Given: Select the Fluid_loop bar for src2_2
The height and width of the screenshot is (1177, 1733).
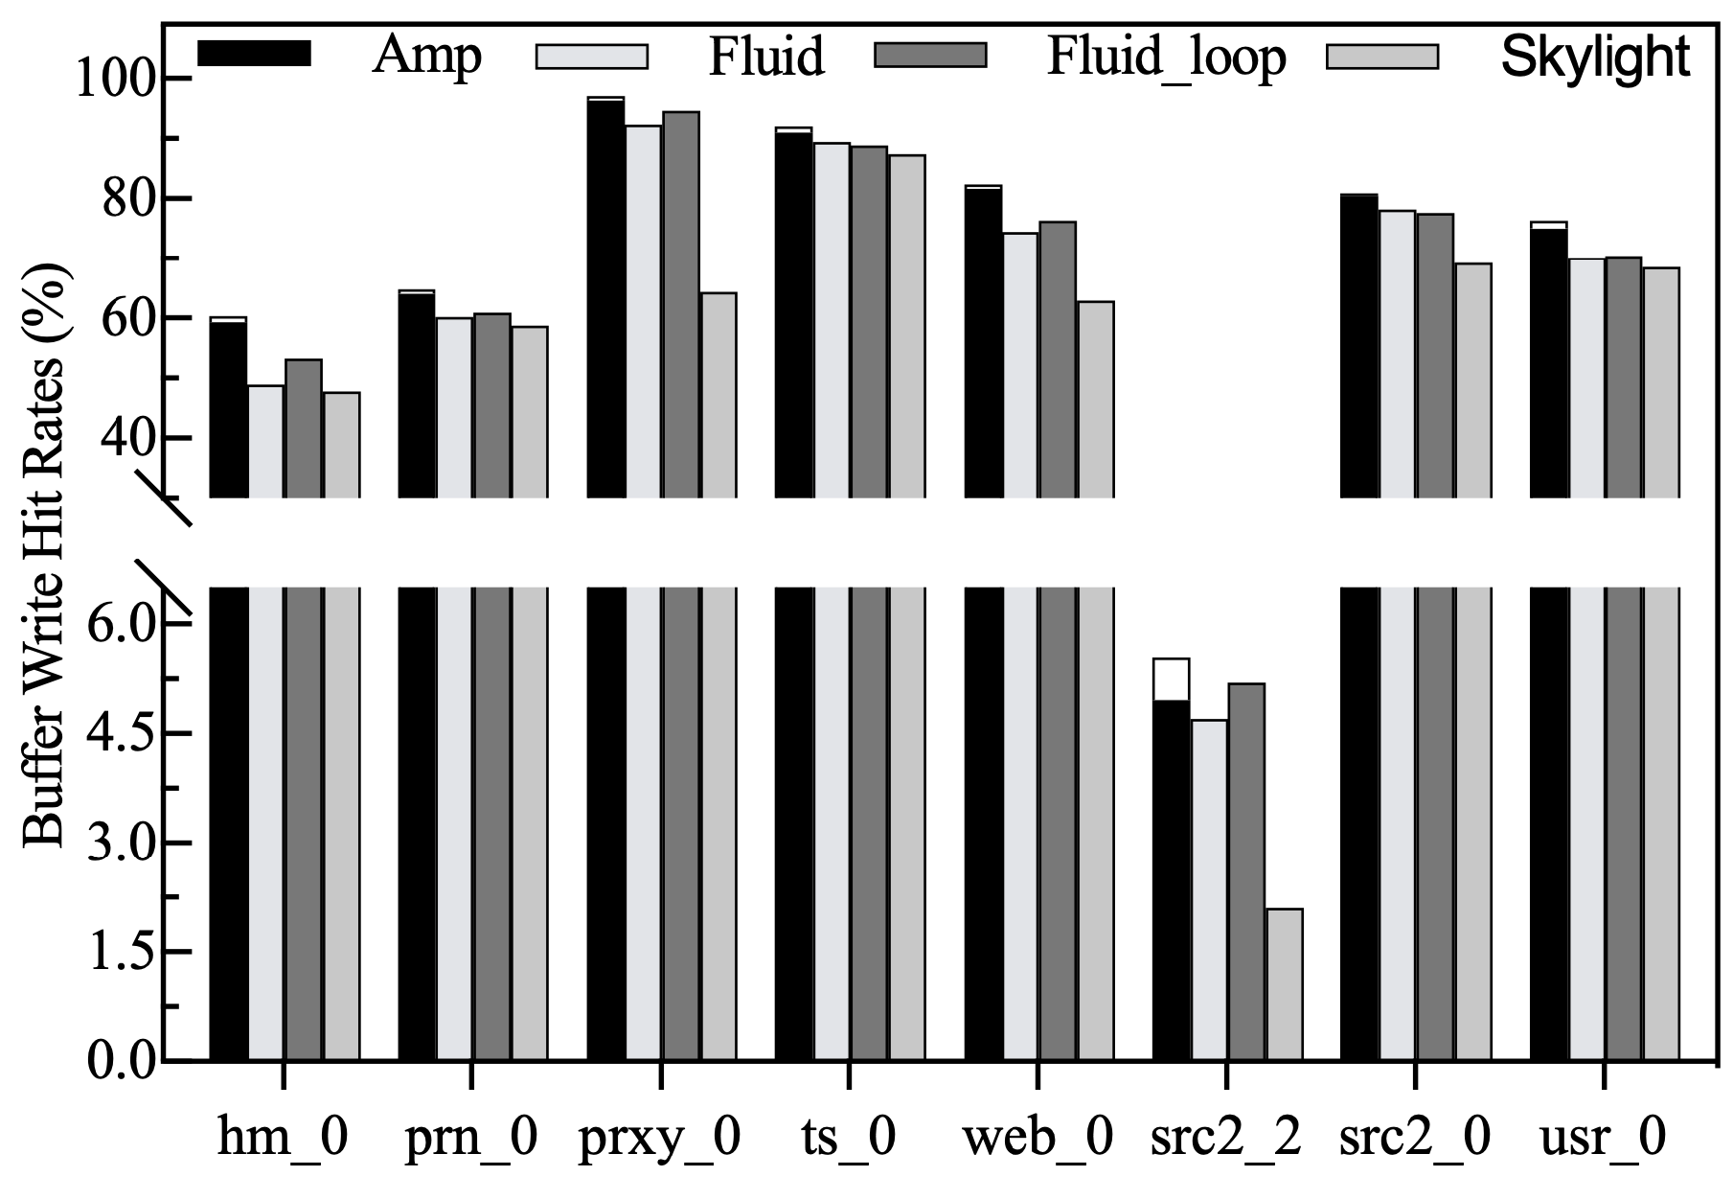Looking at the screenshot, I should point(1245,872).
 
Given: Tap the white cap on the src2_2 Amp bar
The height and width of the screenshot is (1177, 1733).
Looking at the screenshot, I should point(1171,680).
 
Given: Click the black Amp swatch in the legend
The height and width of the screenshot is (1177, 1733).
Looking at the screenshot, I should point(254,55).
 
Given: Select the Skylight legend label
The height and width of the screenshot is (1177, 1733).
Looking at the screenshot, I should point(1595,58).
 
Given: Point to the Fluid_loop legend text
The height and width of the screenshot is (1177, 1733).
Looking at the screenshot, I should point(1166,58).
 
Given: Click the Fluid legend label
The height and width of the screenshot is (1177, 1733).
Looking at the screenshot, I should point(765,58).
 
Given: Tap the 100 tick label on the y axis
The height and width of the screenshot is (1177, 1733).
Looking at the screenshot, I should point(116,80).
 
